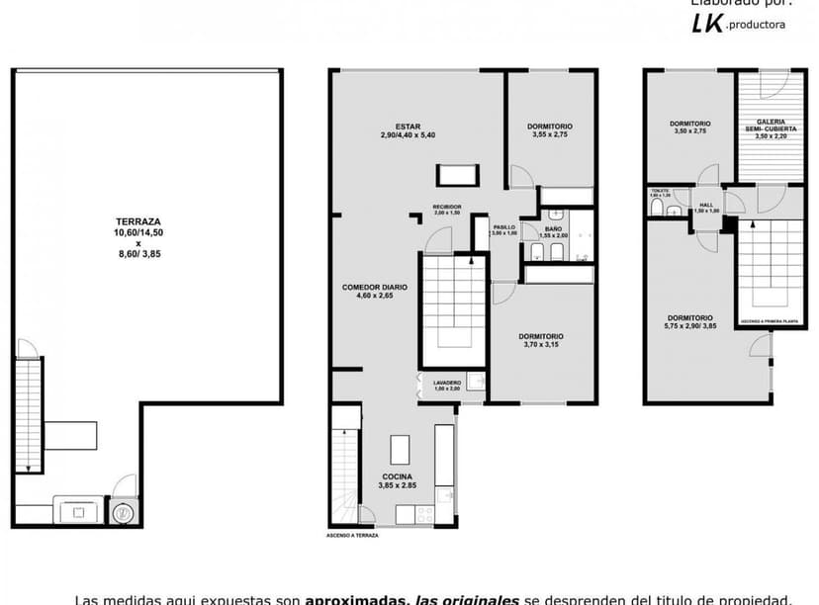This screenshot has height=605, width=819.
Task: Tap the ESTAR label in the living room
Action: pyautogui.click(x=408, y=127)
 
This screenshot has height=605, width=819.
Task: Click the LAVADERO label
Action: pyautogui.click(x=447, y=383)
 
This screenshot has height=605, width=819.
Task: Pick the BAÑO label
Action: pyautogui.click(x=554, y=228)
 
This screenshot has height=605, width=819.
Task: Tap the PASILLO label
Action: pyautogui.click(x=504, y=226)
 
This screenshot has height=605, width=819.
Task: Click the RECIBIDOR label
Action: pyautogui.click(x=447, y=207)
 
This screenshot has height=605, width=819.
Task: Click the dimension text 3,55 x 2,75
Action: pyautogui.click(x=549, y=134)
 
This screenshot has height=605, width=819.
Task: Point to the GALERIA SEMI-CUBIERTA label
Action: pyautogui.click(x=772, y=126)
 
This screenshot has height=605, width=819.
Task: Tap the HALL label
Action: pyautogui.click(x=706, y=205)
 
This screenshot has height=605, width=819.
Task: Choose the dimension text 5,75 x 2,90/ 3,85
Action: pyautogui.click(x=689, y=326)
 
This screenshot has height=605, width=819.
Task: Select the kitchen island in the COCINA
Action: pyautogui.click(x=401, y=450)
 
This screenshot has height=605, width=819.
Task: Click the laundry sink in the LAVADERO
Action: pyautogui.click(x=475, y=383)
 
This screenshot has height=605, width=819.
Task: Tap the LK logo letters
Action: pyautogui.click(x=706, y=24)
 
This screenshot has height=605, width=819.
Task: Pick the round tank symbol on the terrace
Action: pyautogui.click(x=124, y=512)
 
